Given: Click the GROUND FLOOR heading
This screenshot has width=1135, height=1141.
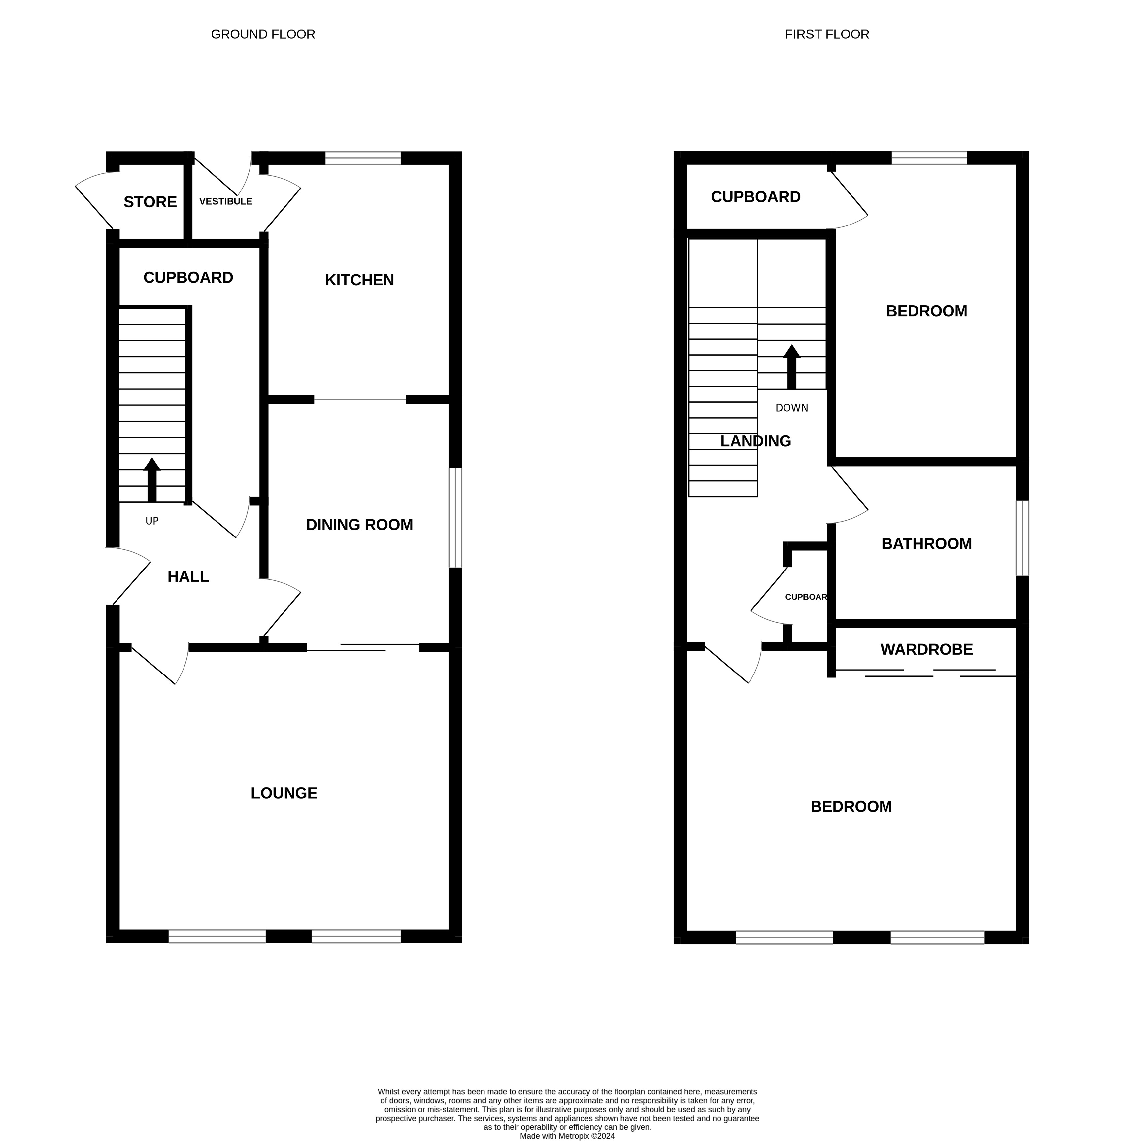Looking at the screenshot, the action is point(263,34).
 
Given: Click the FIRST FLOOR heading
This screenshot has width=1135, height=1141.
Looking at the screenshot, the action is point(827,34).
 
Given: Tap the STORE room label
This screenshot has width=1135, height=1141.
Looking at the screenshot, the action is point(150,202).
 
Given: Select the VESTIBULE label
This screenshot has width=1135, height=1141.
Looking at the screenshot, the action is point(226,201).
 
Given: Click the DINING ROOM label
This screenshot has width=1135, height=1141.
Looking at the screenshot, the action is point(359,524).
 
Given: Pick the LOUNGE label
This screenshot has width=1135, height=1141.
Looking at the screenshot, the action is point(284,793).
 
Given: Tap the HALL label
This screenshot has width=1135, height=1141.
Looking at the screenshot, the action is point(188,576).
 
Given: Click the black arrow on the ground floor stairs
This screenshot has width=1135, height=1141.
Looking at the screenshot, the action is point(152,480).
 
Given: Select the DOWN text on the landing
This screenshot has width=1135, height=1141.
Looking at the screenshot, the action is point(791,408).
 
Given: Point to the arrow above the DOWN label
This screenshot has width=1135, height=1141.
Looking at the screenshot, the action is point(792,366).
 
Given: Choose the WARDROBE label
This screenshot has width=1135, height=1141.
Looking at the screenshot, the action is point(926,650).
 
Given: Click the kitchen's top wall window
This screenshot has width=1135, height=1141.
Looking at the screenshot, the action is point(363,158).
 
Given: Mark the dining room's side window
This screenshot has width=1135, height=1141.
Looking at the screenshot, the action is point(455,518).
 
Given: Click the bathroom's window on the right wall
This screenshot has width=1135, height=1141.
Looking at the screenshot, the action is point(1022,538).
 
